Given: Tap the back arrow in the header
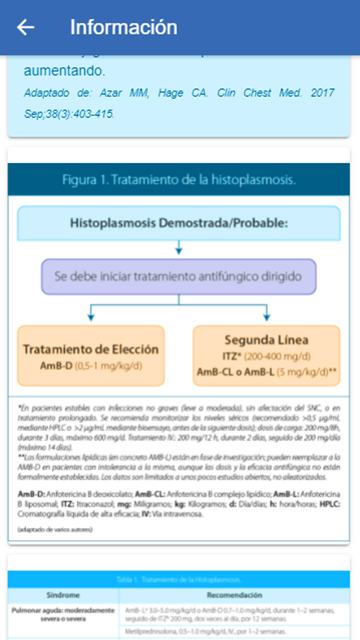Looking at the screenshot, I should pyautogui.click(x=25, y=27).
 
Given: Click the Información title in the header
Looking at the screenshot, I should pyautogui.click(x=123, y=27).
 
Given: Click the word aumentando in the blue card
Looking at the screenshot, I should pyautogui.click(x=64, y=71).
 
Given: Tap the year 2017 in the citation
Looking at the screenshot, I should pyautogui.click(x=322, y=93).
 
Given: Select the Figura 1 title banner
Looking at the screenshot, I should pyautogui.click(x=179, y=179).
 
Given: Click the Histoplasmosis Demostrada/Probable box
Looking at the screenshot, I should pyautogui.click(x=179, y=223).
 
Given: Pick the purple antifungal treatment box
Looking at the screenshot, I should pyautogui.click(x=179, y=277).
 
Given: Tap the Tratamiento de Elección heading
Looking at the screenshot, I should pyautogui.click(x=91, y=349).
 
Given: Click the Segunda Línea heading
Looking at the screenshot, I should pyautogui.click(x=266, y=340).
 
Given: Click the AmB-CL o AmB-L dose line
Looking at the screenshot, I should pyautogui.click(x=266, y=372).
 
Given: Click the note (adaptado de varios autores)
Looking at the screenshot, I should pyautogui.click(x=55, y=530).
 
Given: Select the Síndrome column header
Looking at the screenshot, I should pyautogui.click(x=63, y=595).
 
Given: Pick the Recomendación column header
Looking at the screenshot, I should pyautogui.click(x=234, y=595).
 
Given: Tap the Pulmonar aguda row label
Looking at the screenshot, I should pyautogui.click(x=63, y=614).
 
